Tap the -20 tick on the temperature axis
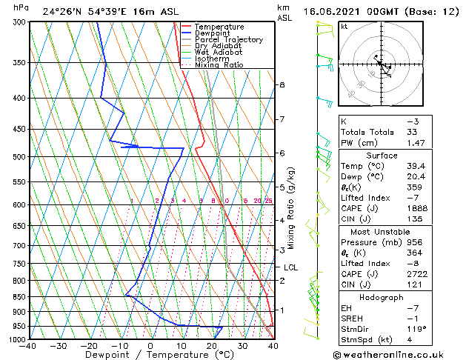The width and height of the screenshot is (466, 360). click(89, 346)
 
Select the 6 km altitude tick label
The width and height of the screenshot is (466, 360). click(282, 153)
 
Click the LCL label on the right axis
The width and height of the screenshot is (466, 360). click(290, 267)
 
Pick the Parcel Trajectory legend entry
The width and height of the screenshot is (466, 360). click(228, 40)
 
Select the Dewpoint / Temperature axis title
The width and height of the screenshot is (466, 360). click(150, 355)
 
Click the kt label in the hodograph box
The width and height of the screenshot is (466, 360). click(344, 26)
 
